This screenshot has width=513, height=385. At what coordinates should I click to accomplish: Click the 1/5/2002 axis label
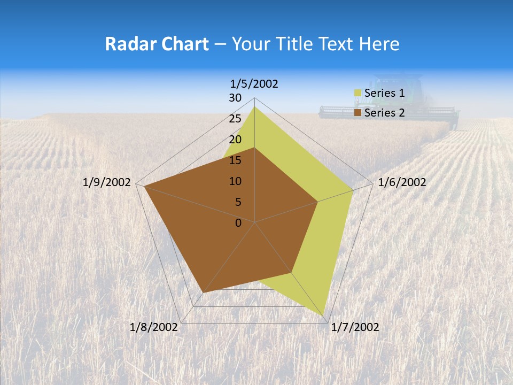click(x=254, y=84)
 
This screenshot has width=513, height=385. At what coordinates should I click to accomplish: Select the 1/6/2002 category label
click(x=402, y=182)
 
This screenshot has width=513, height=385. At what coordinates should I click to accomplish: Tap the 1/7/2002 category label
click(x=355, y=327)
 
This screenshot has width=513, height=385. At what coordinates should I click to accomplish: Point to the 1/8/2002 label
click(x=154, y=327)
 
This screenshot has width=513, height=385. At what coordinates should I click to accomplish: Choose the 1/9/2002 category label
click(x=107, y=182)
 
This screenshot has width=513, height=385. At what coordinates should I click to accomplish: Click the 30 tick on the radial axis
click(x=235, y=98)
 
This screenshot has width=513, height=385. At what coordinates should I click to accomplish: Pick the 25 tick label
click(x=235, y=119)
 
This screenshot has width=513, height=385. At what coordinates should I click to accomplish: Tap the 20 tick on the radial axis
click(x=235, y=140)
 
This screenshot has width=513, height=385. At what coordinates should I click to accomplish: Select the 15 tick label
click(x=235, y=160)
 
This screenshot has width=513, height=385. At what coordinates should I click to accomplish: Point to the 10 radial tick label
click(x=235, y=181)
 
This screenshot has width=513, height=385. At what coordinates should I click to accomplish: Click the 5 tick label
click(x=238, y=202)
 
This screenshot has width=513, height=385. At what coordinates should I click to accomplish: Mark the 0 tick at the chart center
click(x=238, y=223)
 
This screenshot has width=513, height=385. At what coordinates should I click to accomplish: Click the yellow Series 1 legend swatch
click(x=357, y=94)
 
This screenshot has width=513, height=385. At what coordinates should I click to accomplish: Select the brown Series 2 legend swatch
click(x=357, y=113)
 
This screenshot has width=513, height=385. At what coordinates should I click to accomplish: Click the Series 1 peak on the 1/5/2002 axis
click(x=255, y=106)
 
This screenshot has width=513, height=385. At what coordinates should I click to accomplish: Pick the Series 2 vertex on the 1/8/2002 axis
click(x=204, y=292)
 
